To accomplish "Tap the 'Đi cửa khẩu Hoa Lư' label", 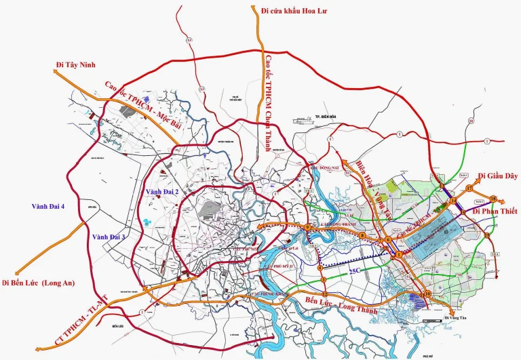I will (x=294, y=11).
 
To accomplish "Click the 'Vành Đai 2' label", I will (x=162, y=193).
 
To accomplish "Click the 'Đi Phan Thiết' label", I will (x=495, y=212).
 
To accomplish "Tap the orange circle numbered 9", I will (x=308, y=228).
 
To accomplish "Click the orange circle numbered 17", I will (x=469, y=187).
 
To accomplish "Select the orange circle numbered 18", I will (x=493, y=199).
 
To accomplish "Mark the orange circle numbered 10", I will (x=427, y=294).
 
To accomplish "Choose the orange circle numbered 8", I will (x=362, y=235).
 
